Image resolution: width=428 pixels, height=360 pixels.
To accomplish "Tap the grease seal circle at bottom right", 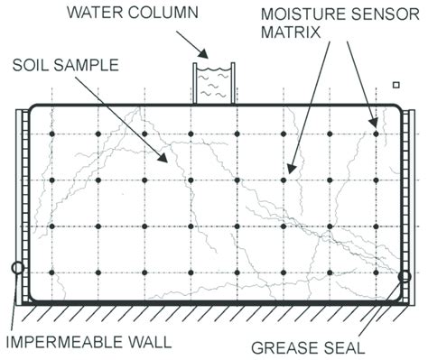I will tap(405, 276).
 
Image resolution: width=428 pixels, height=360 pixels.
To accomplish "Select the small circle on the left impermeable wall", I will tap(16, 267).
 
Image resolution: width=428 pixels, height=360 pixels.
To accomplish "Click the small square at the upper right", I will tap(395, 86).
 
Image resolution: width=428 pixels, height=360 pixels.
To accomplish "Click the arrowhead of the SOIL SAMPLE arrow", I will tap(167, 162).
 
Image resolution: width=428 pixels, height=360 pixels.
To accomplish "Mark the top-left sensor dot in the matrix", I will tap(52, 134).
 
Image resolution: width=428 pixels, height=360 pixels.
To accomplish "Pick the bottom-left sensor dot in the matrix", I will tap(52, 272).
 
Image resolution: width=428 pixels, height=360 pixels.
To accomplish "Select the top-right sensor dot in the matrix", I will tap(376, 134).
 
